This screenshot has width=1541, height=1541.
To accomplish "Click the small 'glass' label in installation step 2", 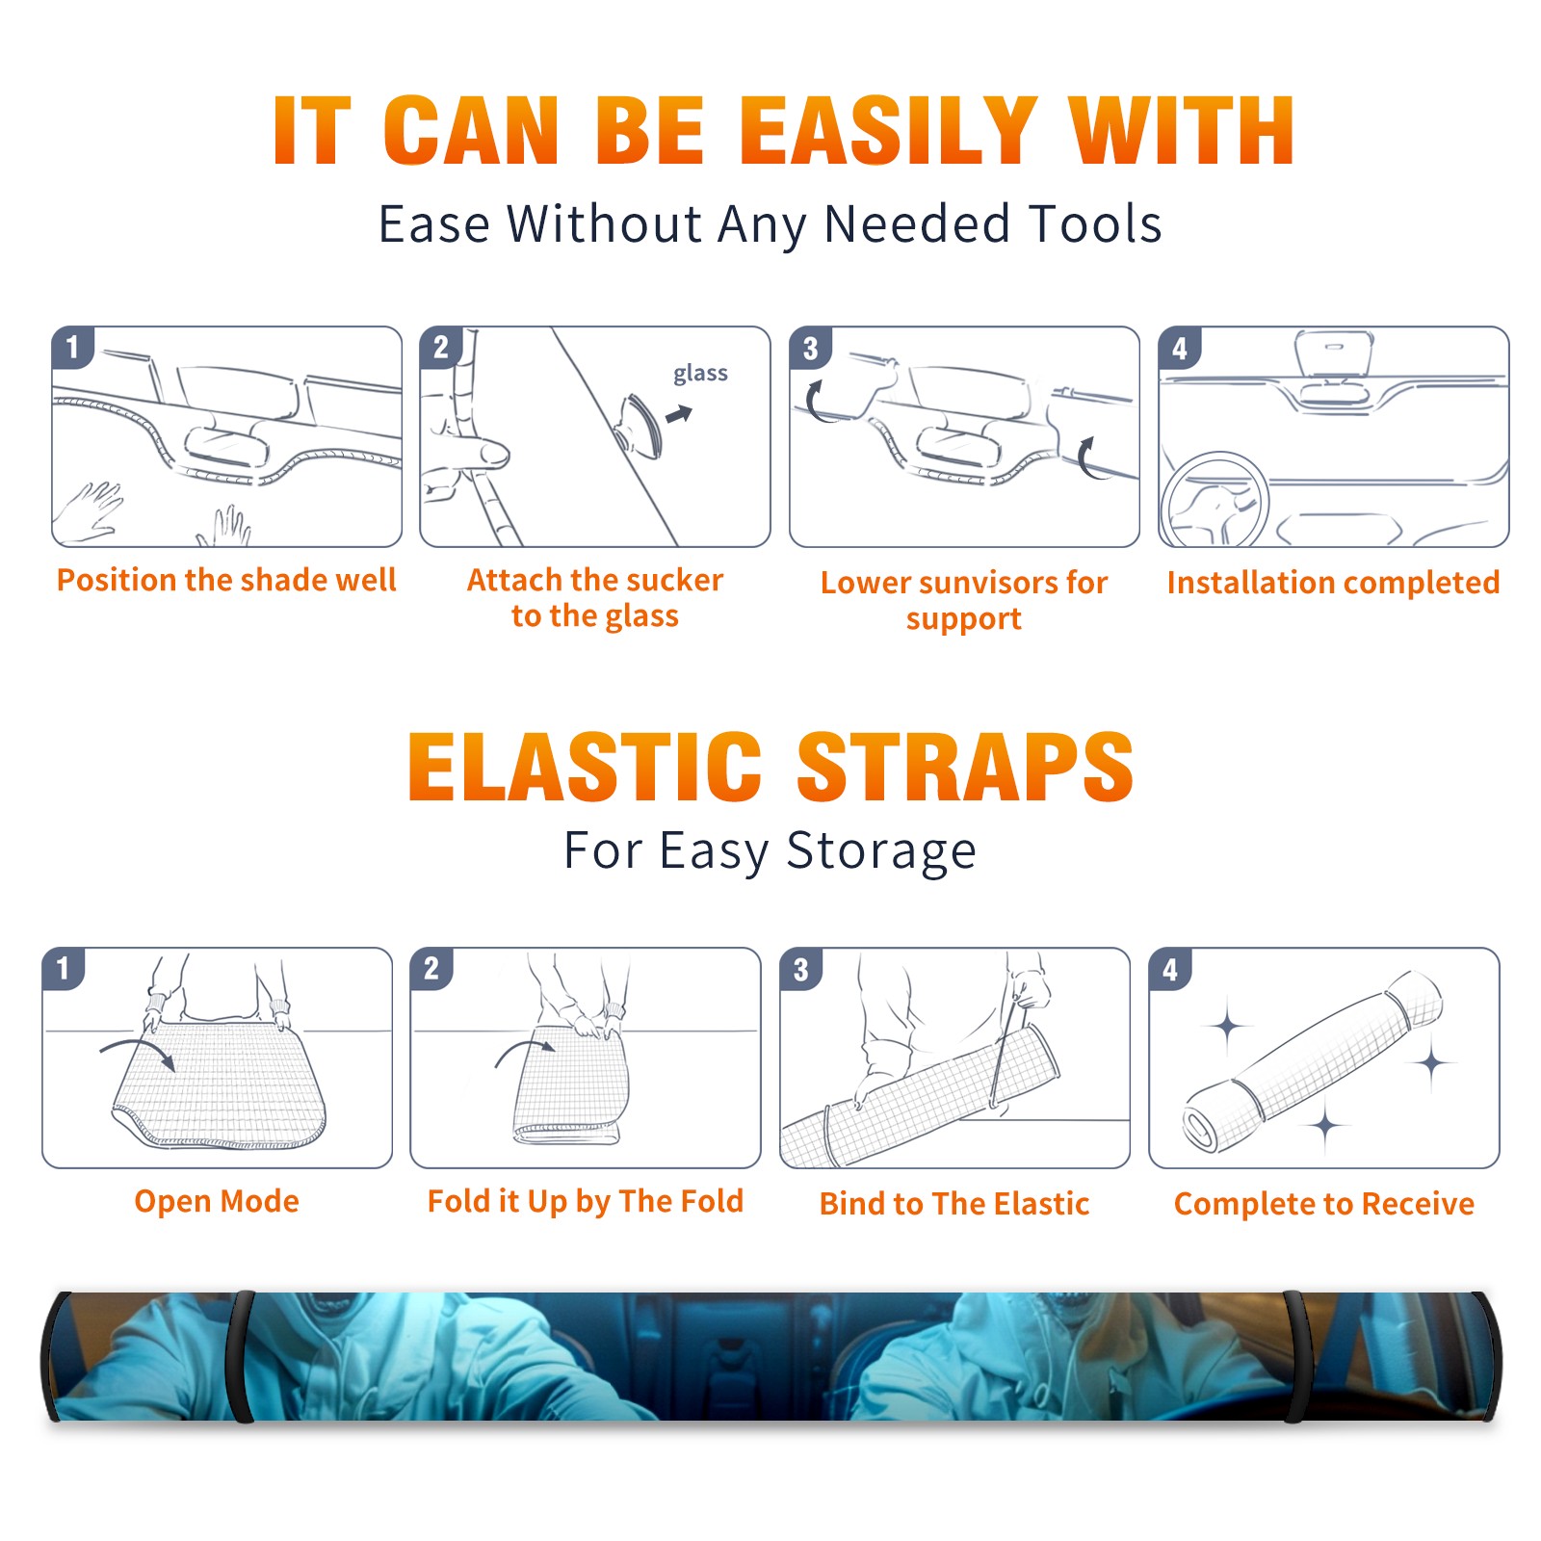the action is pos(700,373).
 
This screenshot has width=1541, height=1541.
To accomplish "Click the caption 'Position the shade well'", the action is pos(226,580).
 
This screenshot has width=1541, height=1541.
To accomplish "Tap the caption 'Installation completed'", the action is pos(1333,583).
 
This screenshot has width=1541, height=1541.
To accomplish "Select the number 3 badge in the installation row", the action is pos(810,348).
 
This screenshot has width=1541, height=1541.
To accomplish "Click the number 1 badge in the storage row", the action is pos(64,968).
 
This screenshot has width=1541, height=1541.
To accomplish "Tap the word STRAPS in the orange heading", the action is pos(965,767).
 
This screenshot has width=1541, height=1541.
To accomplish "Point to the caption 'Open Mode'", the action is pos(217,1201).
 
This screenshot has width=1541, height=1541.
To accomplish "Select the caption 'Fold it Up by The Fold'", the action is pos(586,1201).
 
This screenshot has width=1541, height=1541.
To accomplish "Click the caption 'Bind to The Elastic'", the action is pos(954,1204).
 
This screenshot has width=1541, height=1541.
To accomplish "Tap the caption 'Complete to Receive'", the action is pos(1324,1204).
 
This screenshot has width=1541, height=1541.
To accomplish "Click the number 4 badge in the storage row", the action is pos(1170,969).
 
